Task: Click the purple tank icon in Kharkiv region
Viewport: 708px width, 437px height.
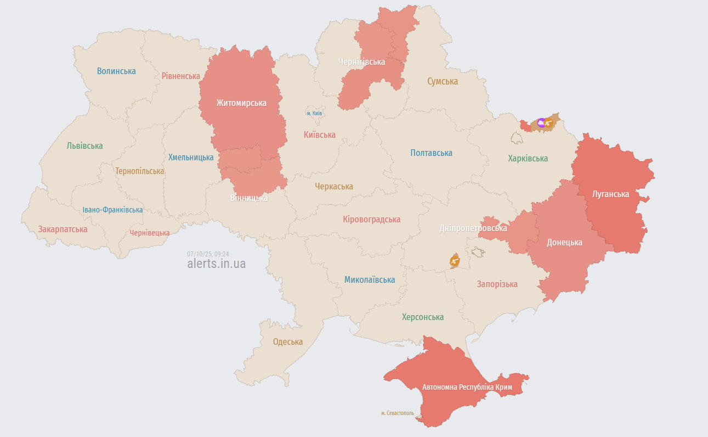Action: [541, 124]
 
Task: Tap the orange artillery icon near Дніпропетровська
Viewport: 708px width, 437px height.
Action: [455, 261]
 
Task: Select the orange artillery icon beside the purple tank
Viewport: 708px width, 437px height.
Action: [548, 124]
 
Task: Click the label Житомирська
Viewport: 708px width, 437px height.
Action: [241, 103]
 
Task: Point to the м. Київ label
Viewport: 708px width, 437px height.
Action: [314, 113]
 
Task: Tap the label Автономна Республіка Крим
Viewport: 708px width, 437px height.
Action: [467, 387]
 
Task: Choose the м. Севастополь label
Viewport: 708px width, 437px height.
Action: [398, 413]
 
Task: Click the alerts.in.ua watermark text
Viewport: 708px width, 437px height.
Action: [216, 264]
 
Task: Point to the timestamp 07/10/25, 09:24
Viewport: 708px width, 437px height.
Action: [208, 254]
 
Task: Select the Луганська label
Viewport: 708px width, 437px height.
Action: [610, 194]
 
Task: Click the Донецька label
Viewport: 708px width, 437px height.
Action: [564, 242]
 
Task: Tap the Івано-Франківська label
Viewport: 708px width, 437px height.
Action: [112, 210]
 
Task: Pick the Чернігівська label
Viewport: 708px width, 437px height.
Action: [361, 61]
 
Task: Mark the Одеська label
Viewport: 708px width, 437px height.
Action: [288, 341]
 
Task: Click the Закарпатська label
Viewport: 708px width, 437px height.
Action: [63, 229]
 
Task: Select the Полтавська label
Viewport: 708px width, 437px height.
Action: [431, 153]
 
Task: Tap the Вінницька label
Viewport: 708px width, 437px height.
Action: [249, 198]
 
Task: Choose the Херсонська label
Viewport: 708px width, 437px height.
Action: [423, 317]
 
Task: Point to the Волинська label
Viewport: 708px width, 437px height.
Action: [116, 71]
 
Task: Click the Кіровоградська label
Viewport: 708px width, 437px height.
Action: [371, 219]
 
